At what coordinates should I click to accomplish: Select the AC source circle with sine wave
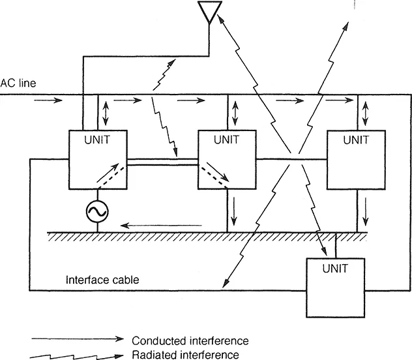click(x=97, y=210)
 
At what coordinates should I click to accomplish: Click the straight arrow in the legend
click(x=76, y=340)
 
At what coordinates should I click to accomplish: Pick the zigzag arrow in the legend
click(x=76, y=354)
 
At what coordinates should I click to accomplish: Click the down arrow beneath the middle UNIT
click(x=236, y=210)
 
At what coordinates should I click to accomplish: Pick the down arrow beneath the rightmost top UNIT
click(x=366, y=210)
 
